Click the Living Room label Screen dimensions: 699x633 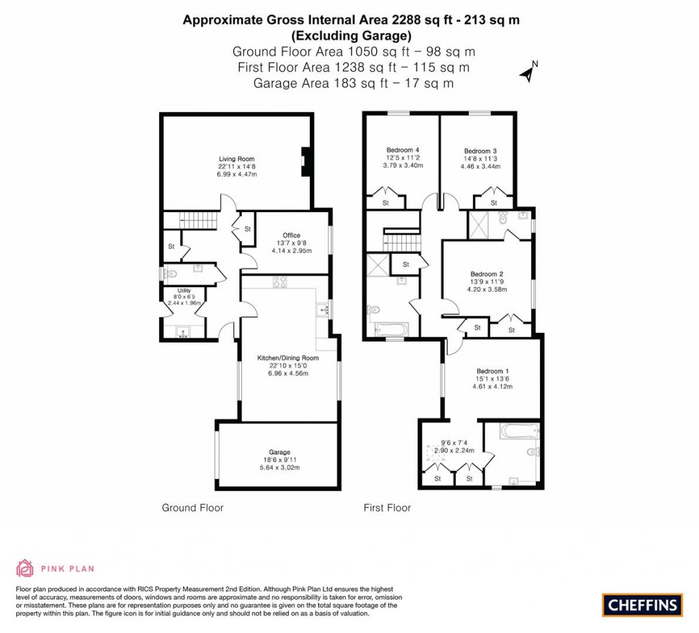coord(237,159)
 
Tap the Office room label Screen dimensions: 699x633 coord(291,235)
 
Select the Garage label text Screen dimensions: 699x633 coord(279,452)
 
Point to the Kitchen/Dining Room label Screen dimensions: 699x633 coord(288,357)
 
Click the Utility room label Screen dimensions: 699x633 coord(184,291)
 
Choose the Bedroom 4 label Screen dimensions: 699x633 coord(403,150)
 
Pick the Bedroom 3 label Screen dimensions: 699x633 coord(480,151)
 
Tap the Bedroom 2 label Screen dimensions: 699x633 coord(487,274)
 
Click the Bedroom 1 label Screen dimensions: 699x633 coord(493,371)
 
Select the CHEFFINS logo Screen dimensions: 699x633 coord(642,605)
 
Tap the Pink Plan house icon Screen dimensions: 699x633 coord(25,568)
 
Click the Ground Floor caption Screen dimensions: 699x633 coord(192,507)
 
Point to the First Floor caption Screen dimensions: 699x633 coord(387,507)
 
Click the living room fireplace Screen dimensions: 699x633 coord(305,162)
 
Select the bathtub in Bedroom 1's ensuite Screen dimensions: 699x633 coord(521,431)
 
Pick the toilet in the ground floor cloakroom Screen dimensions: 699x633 coord(170,274)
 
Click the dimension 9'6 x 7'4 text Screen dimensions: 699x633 coord(454,443)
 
